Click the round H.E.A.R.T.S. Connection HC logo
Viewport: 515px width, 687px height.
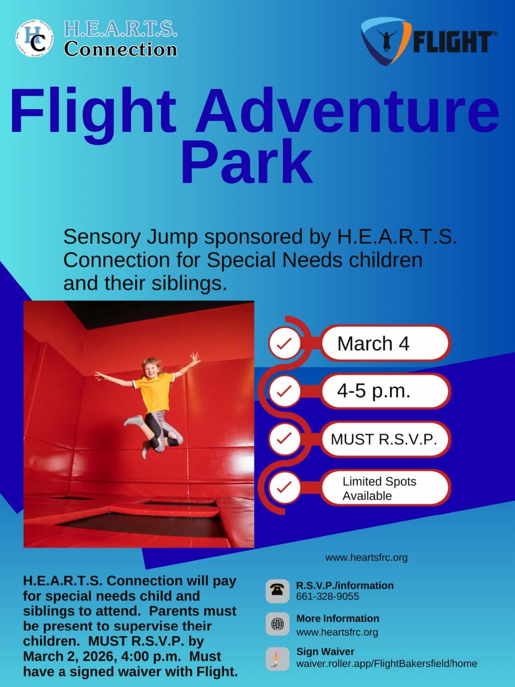tap(35, 38)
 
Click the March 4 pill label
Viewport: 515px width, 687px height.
tap(385, 343)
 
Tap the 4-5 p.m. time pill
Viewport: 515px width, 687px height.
tap(385, 391)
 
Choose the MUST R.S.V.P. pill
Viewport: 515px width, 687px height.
tap(385, 439)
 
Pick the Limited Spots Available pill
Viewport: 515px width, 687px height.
tap(385, 488)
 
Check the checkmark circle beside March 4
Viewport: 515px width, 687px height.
tap(285, 343)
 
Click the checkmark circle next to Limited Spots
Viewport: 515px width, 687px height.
tap(285, 487)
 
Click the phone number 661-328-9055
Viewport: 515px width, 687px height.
tap(327, 596)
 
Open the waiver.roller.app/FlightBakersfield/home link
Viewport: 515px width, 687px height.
tap(386, 664)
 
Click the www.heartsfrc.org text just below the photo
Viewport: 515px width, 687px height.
tap(366, 558)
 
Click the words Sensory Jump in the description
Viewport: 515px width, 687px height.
tap(130, 237)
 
